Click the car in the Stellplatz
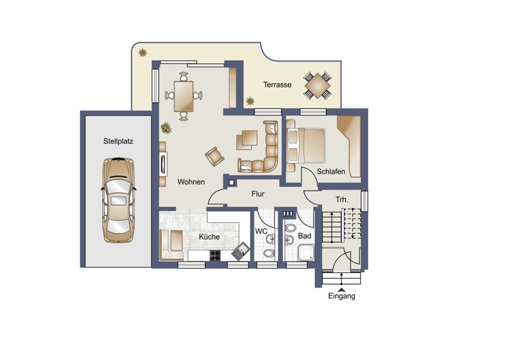(118, 200)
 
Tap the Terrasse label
(277, 85)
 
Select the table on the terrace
(317, 86)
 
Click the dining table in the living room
(183, 96)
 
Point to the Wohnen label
(191, 182)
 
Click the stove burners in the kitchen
(215, 255)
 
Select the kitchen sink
(241, 251)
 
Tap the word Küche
(210, 237)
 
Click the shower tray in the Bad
(306, 253)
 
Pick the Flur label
(258, 194)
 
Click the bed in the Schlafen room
(306, 146)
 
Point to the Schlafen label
(331, 171)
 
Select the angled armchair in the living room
(215, 156)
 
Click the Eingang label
(342, 296)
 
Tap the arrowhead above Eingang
(342, 290)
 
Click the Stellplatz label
(118, 142)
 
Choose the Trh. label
(342, 199)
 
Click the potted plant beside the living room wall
(166, 128)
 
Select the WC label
(261, 231)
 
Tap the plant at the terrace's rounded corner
(142, 52)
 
